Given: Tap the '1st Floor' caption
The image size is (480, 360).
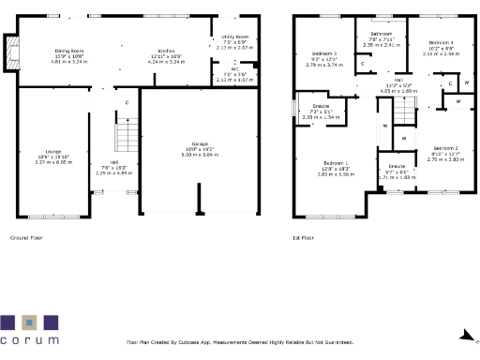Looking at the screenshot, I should pyautogui.click(x=304, y=238).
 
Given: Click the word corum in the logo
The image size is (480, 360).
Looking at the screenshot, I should pyautogui.click(x=29, y=339).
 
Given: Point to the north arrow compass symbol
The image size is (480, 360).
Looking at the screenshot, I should pyautogui.click(x=470, y=339).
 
